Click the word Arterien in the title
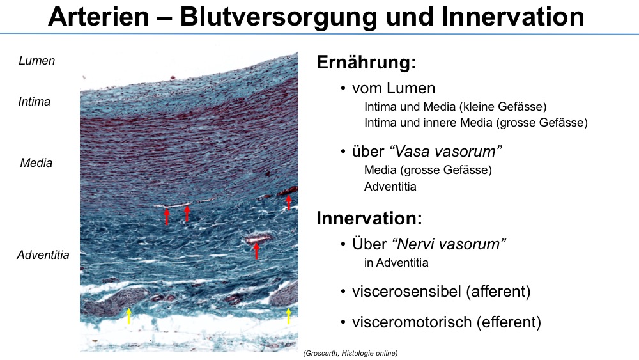tap(98, 17)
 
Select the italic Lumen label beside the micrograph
tap(36, 61)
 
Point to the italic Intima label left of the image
tap(35, 102)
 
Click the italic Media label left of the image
tap(36, 163)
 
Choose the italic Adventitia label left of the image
tap(43, 255)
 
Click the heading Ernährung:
tap(366, 63)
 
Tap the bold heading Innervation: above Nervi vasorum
tap(369, 218)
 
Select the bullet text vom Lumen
tap(394, 88)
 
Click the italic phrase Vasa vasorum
tap(446, 152)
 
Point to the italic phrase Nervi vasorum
tap(449, 244)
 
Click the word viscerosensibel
tap(406, 292)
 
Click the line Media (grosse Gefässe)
tap(428, 170)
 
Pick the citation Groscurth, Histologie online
tap(350, 353)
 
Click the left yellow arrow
tap(129, 316)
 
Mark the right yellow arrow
tap(289, 316)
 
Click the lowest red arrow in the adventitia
tap(256, 250)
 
